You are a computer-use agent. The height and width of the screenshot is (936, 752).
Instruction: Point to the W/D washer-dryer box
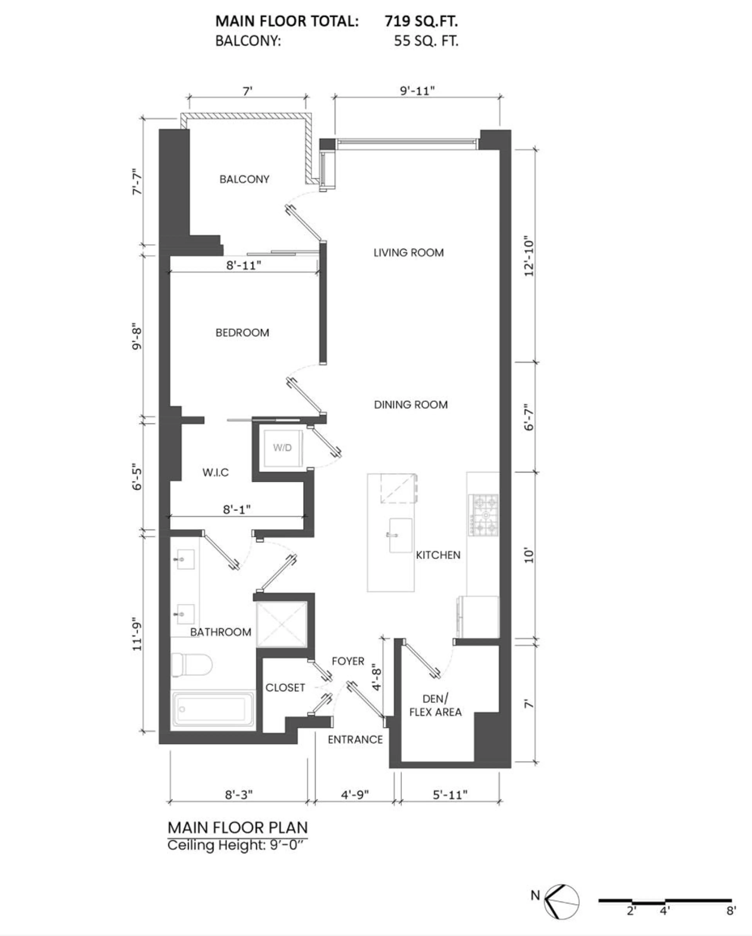click(282, 448)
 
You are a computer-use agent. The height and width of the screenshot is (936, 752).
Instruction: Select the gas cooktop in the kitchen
click(483, 514)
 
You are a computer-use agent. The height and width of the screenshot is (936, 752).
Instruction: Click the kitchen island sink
click(400, 535)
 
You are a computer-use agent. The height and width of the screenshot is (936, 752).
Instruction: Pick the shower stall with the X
click(282, 624)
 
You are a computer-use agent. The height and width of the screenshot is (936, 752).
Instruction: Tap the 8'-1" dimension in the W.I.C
click(237, 509)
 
